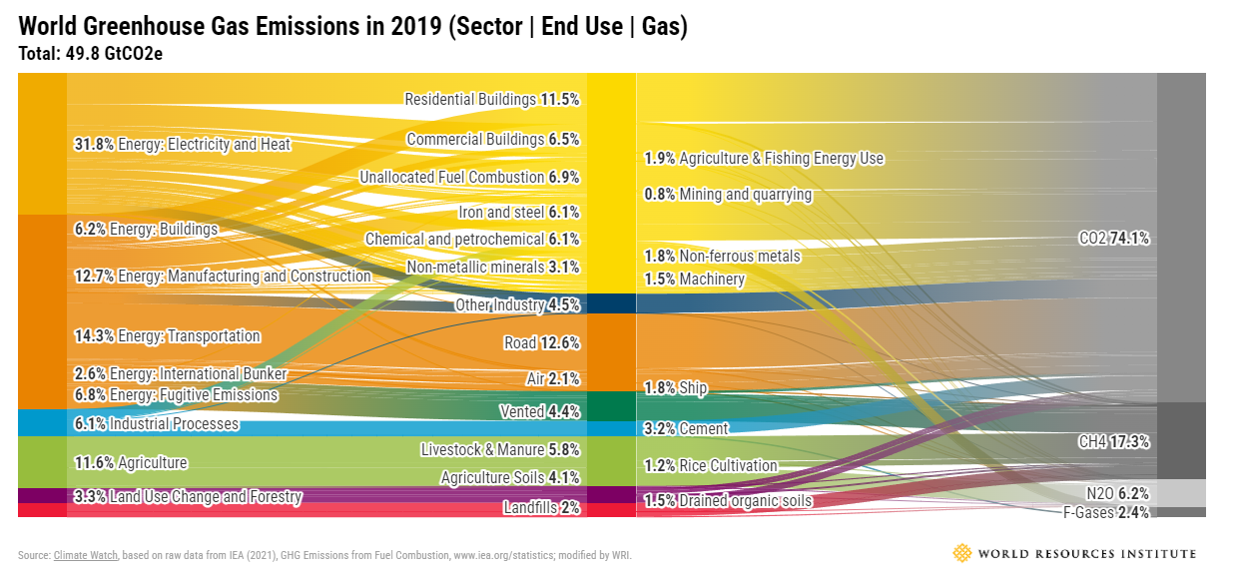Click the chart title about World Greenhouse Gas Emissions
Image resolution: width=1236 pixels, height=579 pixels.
coord(353,27)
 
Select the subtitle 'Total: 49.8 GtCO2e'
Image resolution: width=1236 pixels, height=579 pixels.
coord(91,53)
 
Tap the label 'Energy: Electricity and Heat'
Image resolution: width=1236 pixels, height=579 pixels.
coord(183,144)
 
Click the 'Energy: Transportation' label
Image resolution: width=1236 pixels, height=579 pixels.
coord(168,335)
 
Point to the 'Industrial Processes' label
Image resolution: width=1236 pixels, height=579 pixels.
coord(157,424)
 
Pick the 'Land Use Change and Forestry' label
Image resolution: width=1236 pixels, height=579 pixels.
coord(188,496)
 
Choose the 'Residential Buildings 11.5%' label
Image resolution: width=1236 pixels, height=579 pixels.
coord(491,99)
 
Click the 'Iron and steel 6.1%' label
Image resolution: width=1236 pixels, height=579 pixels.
coord(518,212)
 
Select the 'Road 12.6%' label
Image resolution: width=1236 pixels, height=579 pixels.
coord(541,343)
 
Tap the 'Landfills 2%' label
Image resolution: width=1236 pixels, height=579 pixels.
coord(541,507)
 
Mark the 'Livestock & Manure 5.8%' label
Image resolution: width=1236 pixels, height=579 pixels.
coord(499,450)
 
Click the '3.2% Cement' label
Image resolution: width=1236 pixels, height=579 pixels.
coord(686,428)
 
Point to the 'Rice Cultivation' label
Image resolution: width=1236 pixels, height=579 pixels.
coord(710,465)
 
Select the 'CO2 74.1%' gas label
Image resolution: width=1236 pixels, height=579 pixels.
coord(1114,239)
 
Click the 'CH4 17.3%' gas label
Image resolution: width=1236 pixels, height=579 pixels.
coord(1114,441)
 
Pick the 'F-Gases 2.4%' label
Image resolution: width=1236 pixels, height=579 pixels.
coord(1105,512)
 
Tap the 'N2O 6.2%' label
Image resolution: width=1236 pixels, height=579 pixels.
coord(1117,493)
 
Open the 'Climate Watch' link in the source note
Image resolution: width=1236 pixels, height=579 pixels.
coord(86,555)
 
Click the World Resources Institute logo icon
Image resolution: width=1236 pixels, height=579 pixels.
coord(961,553)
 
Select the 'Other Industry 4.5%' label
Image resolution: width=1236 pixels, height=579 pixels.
coord(517,304)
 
